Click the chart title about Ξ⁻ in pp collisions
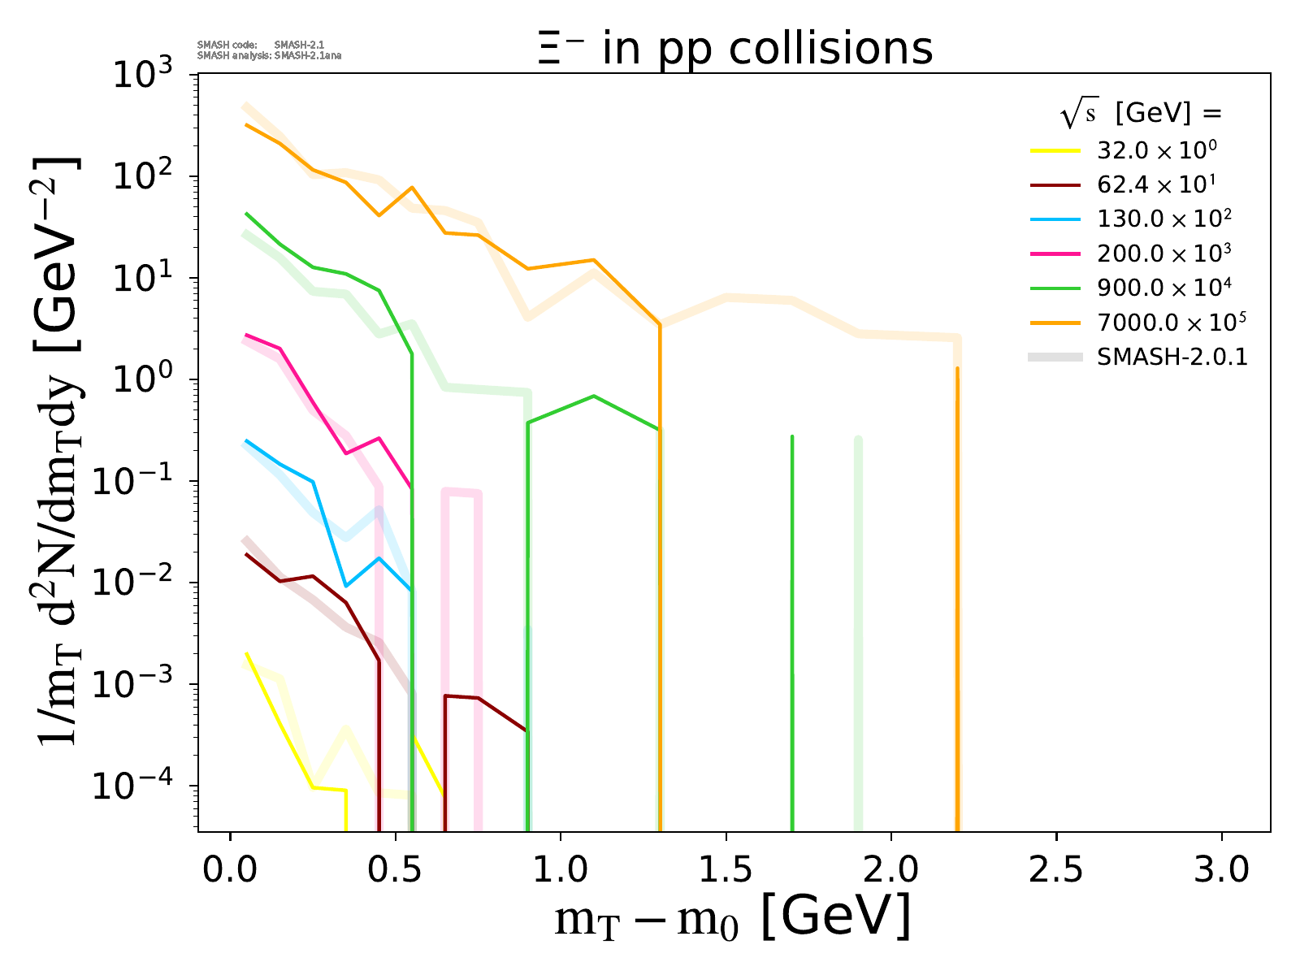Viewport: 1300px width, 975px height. pos(734,49)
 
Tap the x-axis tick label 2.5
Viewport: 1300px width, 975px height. pos(1056,870)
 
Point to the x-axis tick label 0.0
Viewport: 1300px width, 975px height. pos(231,870)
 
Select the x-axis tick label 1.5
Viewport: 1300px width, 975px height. pos(726,870)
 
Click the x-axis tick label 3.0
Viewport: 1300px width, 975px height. pos(1221,870)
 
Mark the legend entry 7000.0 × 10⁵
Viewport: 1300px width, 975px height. pos(1171,323)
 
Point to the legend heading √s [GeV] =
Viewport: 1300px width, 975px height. pos(1141,115)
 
